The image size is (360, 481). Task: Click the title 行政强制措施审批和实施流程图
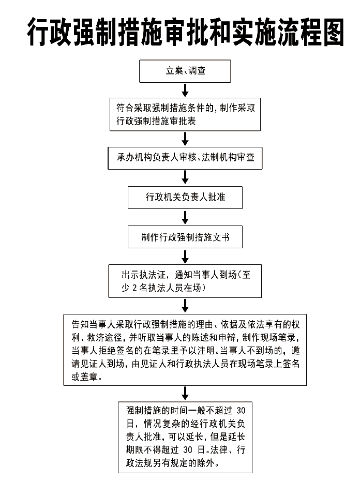click(x=186, y=32)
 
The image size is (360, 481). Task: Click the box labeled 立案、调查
click(x=185, y=71)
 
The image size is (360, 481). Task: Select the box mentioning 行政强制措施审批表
click(x=185, y=114)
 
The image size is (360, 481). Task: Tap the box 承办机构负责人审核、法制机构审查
click(x=185, y=158)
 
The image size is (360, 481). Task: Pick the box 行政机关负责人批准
click(x=185, y=198)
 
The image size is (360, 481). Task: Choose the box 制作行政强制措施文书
click(x=185, y=237)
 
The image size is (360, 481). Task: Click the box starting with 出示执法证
click(x=185, y=281)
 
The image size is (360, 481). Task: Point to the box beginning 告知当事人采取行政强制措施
click(x=185, y=350)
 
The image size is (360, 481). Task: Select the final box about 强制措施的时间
click(x=185, y=438)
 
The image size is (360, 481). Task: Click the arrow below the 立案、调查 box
click(x=185, y=90)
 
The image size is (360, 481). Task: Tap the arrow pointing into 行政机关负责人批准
click(x=185, y=177)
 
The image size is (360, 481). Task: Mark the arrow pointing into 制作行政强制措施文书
click(x=185, y=218)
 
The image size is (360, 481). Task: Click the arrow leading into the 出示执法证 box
click(x=185, y=257)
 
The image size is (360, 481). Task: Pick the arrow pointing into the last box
click(x=185, y=394)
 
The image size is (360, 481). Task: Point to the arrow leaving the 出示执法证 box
click(x=185, y=306)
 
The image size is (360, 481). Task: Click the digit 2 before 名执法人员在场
click(x=134, y=288)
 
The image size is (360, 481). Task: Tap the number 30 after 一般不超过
click(x=241, y=411)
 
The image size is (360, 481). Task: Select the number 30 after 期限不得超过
click(x=188, y=450)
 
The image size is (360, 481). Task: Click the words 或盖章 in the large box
click(x=84, y=377)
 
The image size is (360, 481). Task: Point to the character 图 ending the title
click(x=333, y=32)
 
